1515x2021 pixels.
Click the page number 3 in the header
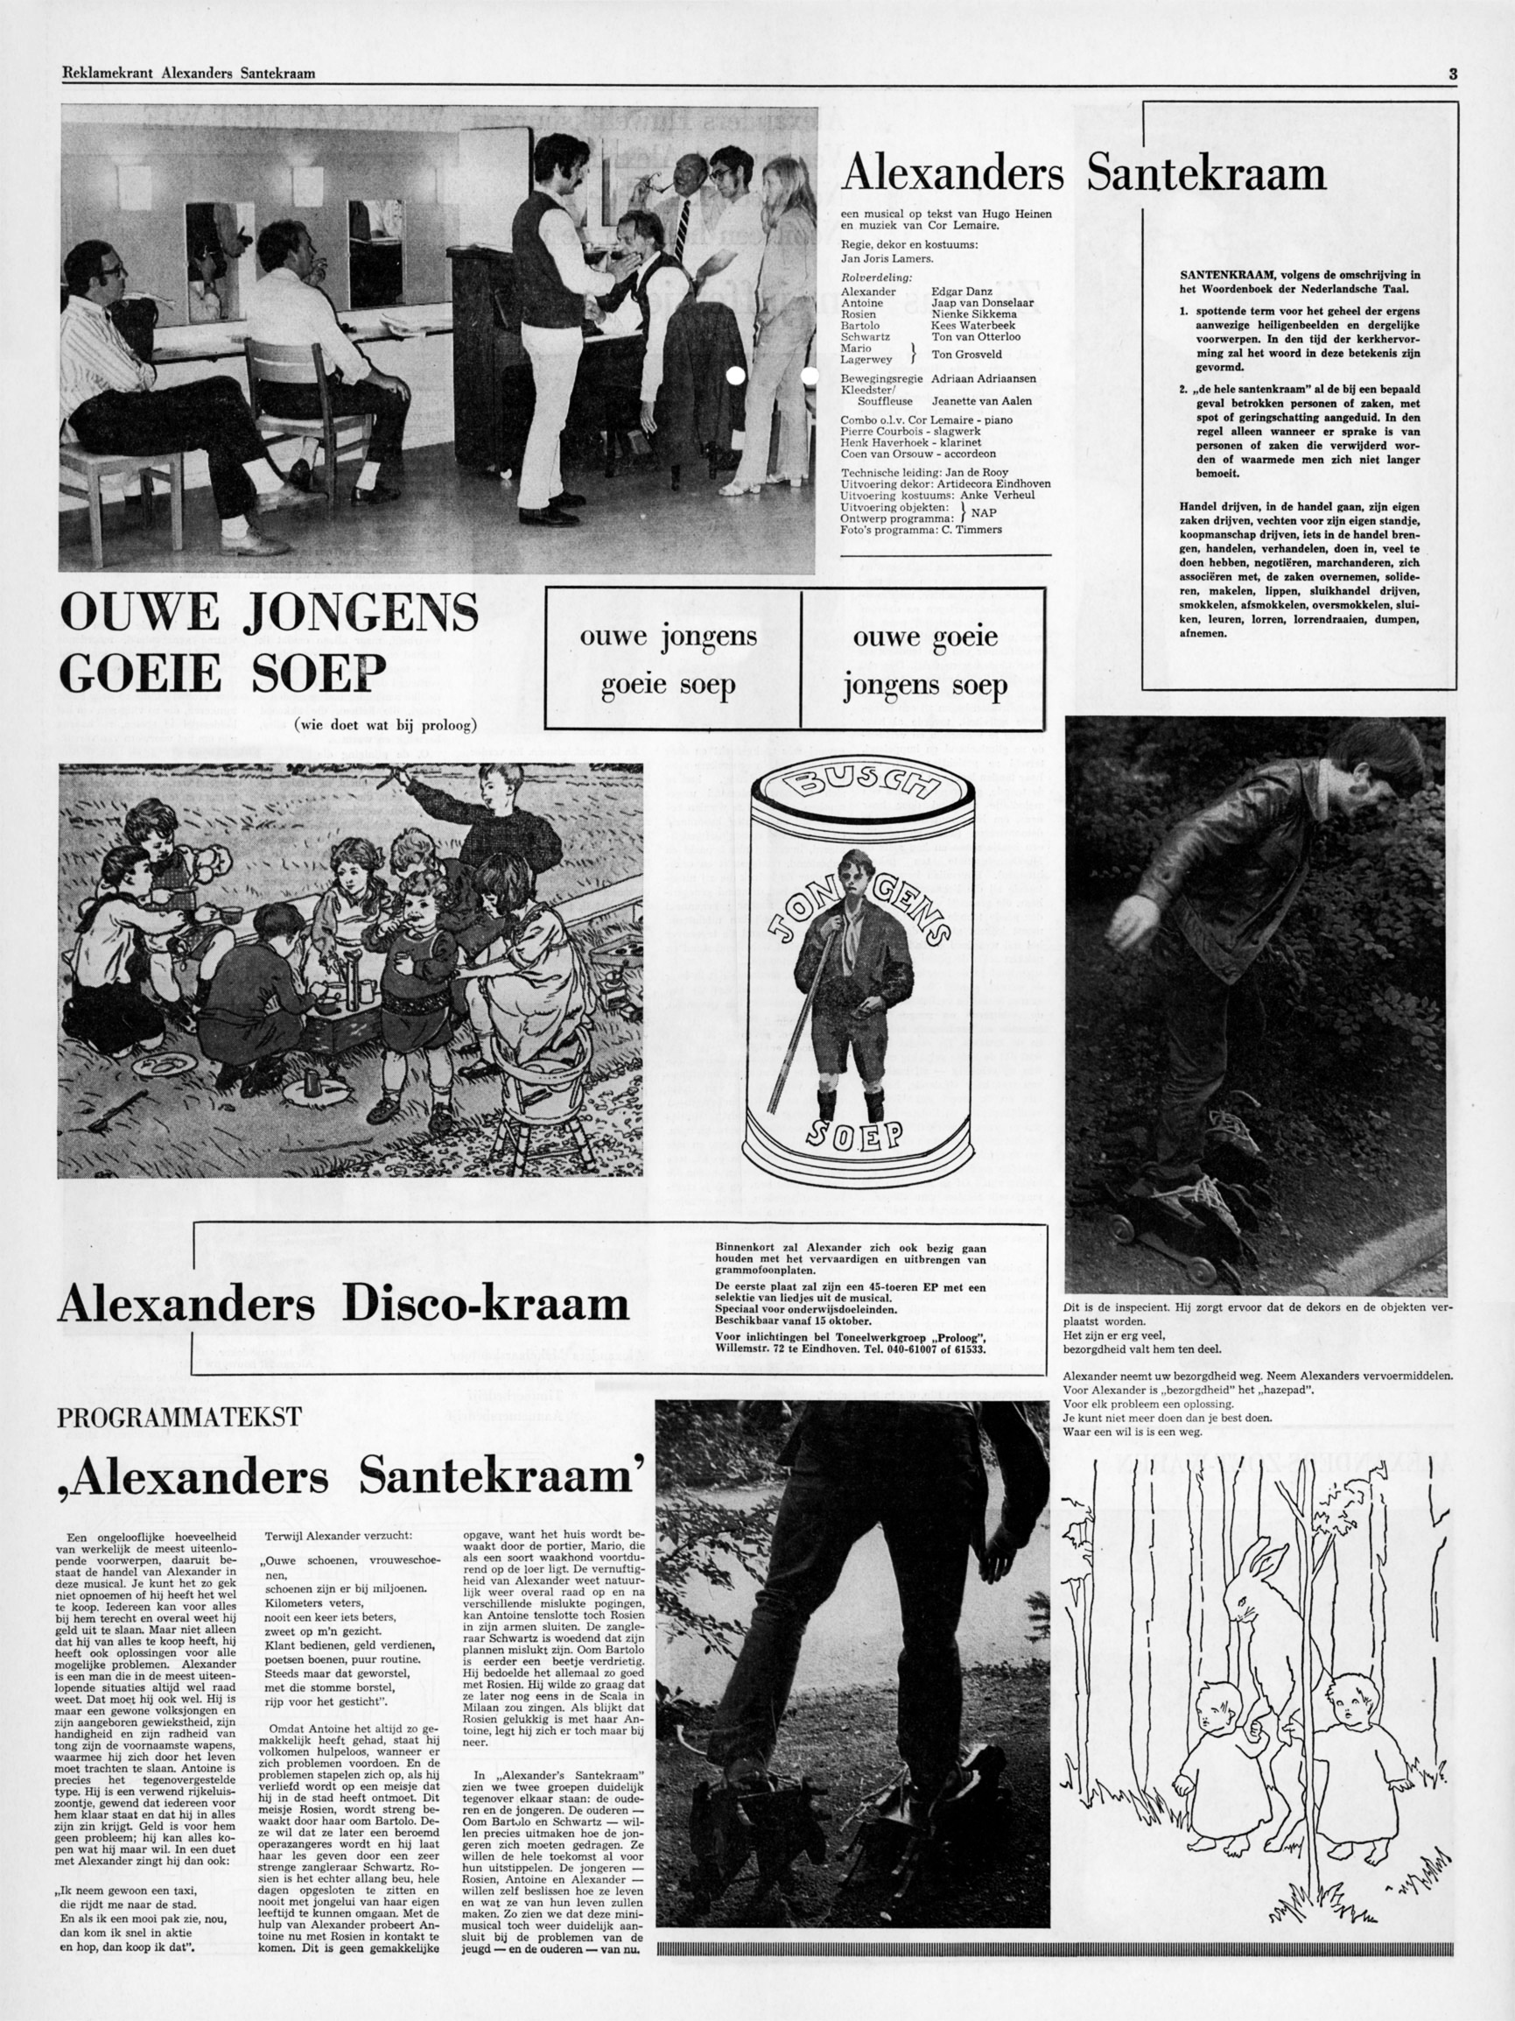[1452, 75]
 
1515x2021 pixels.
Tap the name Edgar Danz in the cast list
[962, 292]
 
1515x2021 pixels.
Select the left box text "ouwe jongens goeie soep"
[670, 659]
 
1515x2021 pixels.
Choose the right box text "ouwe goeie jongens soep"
[924, 659]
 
